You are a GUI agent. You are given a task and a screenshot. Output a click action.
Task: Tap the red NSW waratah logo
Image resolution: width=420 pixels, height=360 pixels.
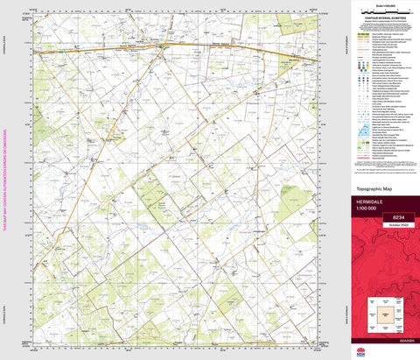[x=385, y=352]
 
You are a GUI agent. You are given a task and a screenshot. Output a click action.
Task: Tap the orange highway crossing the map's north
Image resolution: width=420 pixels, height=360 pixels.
[x=175, y=45]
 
